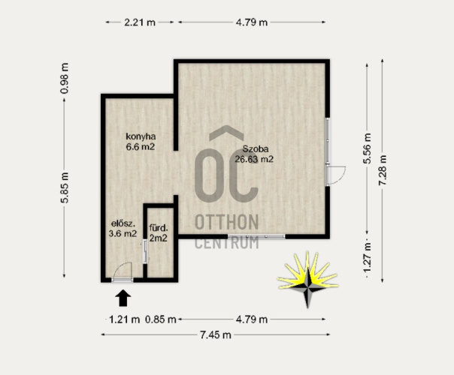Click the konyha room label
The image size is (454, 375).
click(x=141, y=136)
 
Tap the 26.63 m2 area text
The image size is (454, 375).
click(x=254, y=159)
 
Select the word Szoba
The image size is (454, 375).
click(x=256, y=149)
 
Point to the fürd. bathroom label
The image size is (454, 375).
click(x=159, y=228)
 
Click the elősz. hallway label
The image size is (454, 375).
click(x=123, y=223)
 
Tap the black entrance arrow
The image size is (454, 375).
click(x=123, y=298)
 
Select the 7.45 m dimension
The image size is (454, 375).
click(x=216, y=334)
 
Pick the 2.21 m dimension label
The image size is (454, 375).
click(x=140, y=22)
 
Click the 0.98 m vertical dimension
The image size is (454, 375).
click(x=65, y=78)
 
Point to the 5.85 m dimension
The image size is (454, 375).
click(x=65, y=187)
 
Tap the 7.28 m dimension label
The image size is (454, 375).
click(x=383, y=170)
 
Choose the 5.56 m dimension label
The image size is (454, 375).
click(x=367, y=148)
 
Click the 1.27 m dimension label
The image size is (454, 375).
click(x=367, y=258)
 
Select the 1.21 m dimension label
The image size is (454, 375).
click(x=124, y=319)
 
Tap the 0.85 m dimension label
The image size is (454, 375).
click(x=161, y=319)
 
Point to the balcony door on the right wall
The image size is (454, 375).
click(x=336, y=175)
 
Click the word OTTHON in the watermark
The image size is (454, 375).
click(x=227, y=222)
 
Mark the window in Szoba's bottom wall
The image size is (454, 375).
click(x=256, y=236)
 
